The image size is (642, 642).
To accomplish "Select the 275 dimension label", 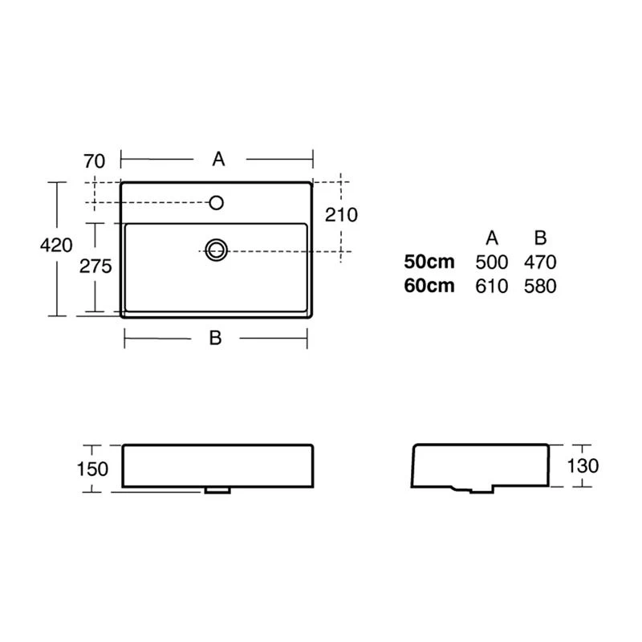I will (x=95, y=266).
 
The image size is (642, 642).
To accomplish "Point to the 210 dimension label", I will (x=342, y=214).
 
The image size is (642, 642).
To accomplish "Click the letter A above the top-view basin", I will (x=218, y=160).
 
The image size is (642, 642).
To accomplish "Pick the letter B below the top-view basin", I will (x=215, y=339).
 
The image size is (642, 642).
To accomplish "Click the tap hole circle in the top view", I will (x=216, y=203).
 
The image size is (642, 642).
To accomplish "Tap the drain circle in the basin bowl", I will (x=216, y=250).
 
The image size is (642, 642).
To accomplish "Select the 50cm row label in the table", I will (x=429, y=262).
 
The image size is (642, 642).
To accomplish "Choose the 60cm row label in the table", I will (x=429, y=286).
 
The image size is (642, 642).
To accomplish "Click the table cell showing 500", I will (x=492, y=262).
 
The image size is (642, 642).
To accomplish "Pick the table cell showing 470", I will (x=540, y=262).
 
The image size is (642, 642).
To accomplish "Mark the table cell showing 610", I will (x=492, y=286).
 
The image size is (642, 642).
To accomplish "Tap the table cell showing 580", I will (x=540, y=286).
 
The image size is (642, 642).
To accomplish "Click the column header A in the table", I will (x=493, y=238).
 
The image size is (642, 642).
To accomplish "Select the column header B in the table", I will (x=540, y=238).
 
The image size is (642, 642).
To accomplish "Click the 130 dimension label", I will (x=582, y=465).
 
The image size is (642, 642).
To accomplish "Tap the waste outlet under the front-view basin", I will (x=217, y=489).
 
